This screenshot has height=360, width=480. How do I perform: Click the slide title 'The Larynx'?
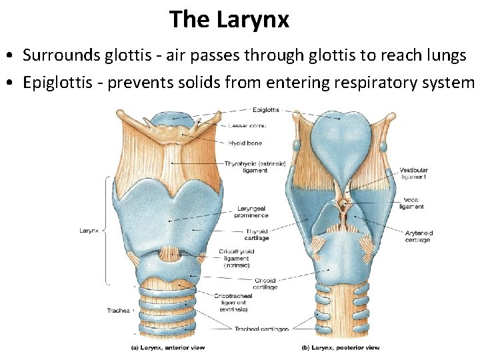click(x=229, y=19)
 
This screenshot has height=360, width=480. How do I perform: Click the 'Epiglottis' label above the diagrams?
click(x=266, y=110)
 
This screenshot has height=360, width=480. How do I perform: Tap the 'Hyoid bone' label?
click(x=245, y=143)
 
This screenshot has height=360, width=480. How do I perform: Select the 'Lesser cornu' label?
click(x=247, y=125)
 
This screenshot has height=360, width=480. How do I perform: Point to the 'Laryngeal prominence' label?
click(x=252, y=212)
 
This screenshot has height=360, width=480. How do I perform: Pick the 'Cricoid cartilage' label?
click(x=265, y=283)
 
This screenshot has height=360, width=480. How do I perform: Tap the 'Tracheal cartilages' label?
click(x=261, y=329)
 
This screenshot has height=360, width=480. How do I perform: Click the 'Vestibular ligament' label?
click(x=413, y=173)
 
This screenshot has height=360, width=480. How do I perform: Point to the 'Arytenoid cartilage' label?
click(x=419, y=237)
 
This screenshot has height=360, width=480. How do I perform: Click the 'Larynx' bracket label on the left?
click(x=89, y=231)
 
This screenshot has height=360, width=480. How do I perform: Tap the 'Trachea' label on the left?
click(x=119, y=311)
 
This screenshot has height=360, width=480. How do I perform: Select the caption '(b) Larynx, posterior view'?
click(x=341, y=347)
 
